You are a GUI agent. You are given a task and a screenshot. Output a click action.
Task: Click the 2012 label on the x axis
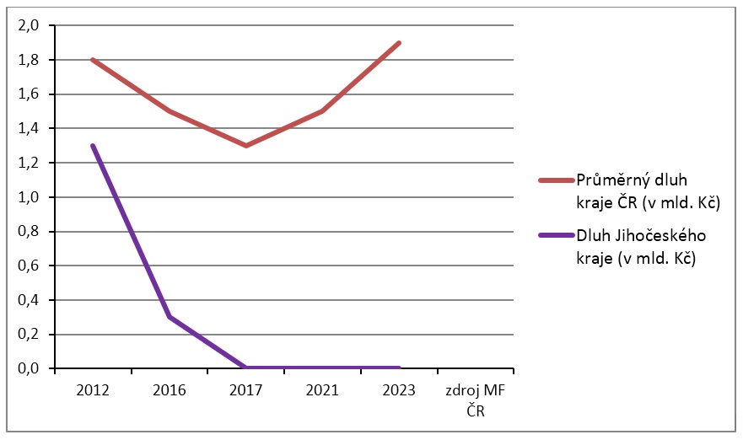(93, 389)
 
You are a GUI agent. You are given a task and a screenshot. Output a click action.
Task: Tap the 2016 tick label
(170, 389)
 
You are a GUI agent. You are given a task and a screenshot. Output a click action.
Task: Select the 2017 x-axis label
(246, 389)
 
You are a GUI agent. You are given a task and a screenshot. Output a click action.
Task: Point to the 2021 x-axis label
(322, 389)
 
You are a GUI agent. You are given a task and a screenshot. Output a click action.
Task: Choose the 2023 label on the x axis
(399, 389)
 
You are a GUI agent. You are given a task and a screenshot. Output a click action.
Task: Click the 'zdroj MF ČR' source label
(476, 400)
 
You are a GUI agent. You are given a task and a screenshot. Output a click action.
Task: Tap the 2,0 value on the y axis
(28, 25)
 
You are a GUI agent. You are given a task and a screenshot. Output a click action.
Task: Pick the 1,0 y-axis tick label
(28, 197)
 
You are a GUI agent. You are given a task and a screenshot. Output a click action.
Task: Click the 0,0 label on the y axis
(28, 368)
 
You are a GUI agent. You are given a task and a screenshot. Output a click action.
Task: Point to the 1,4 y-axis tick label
(28, 128)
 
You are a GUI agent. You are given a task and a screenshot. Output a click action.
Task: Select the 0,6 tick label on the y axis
(28, 266)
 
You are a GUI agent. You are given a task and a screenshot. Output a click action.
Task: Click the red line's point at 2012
(93, 60)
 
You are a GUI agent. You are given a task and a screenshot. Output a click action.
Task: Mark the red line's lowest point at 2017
(246, 146)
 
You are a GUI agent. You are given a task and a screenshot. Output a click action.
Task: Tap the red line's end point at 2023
(399, 43)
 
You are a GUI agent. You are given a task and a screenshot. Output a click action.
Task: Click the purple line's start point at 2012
(93, 146)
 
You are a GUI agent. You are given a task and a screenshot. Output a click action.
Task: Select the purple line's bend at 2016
(170, 317)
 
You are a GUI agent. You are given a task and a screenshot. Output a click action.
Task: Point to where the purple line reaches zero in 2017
(246, 368)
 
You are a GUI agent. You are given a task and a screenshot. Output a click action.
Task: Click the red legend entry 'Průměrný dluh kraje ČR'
(648, 191)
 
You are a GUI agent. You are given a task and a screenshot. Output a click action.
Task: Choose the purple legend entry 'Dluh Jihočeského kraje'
(641, 247)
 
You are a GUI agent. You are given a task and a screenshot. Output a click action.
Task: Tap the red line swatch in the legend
(557, 180)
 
